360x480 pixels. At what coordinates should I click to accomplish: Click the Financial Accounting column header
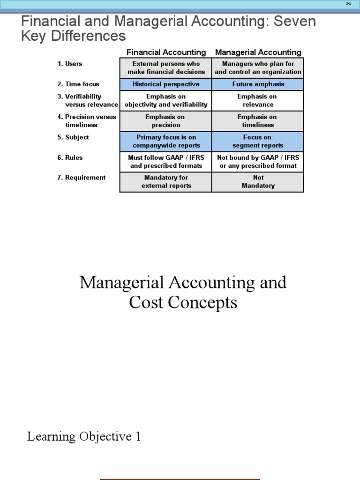(x=166, y=52)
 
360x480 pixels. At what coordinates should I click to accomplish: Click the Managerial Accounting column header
(x=258, y=52)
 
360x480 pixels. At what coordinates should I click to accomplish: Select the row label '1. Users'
(x=70, y=64)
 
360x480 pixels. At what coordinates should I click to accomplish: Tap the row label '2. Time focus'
(x=78, y=84)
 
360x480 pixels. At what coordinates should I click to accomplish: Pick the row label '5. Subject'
(x=73, y=137)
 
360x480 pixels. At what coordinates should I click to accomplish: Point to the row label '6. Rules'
(x=71, y=157)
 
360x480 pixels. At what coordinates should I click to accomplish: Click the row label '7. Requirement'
(x=82, y=178)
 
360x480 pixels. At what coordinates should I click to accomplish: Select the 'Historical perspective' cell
(x=166, y=84)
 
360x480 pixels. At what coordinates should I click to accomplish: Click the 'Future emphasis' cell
(x=258, y=84)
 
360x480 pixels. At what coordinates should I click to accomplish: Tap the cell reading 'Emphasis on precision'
(x=166, y=121)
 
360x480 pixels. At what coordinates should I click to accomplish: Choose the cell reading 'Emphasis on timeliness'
(x=258, y=121)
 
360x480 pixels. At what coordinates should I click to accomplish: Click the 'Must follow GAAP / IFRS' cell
(x=166, y=162)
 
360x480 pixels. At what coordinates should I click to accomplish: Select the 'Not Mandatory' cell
(x=258, y=182)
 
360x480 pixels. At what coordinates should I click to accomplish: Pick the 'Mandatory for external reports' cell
(x=166, y=182)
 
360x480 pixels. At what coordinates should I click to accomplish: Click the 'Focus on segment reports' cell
(x=258, y=141)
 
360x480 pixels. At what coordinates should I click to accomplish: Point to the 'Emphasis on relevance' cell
(x=258, y=100)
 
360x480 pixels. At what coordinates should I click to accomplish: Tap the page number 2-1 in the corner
(x=348, y=3)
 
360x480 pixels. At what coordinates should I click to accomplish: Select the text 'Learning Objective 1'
(x=84, y=437)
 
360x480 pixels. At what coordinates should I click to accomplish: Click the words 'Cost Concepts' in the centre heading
(x=183, y=303)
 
